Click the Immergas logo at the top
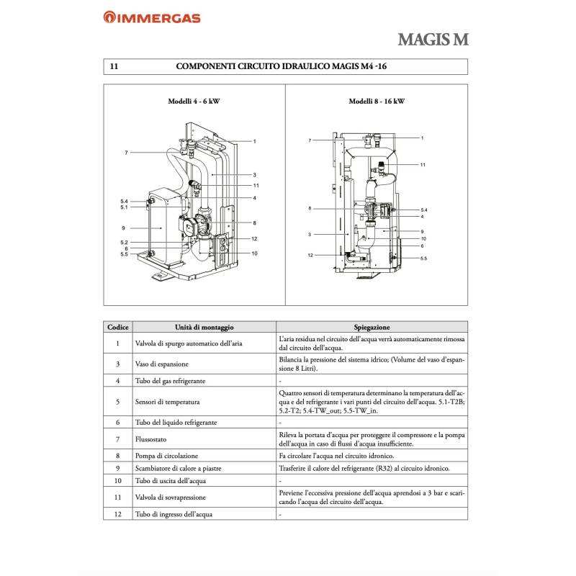click(x=152, y=17)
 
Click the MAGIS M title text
click(x=432, y=39)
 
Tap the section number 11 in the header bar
click(x=114, y=66)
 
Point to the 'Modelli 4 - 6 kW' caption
click(x=194, y=102)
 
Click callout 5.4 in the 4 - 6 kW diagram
click(x=124, y=201)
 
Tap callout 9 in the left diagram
click(x=124, y=228)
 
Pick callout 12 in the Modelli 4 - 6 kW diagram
click(x=254, y=238)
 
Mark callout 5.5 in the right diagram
click(x=423, y=258)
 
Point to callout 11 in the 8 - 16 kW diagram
click(x=423, y=165)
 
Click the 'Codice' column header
click(x=117, y=327)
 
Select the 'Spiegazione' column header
click(x=372, y=327)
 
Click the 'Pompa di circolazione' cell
click(x=166, y=456)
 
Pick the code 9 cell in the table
click(x=117, y=468)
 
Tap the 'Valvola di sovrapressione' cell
click(x=173, y=498)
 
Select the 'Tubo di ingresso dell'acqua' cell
click(x=174, y=515)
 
